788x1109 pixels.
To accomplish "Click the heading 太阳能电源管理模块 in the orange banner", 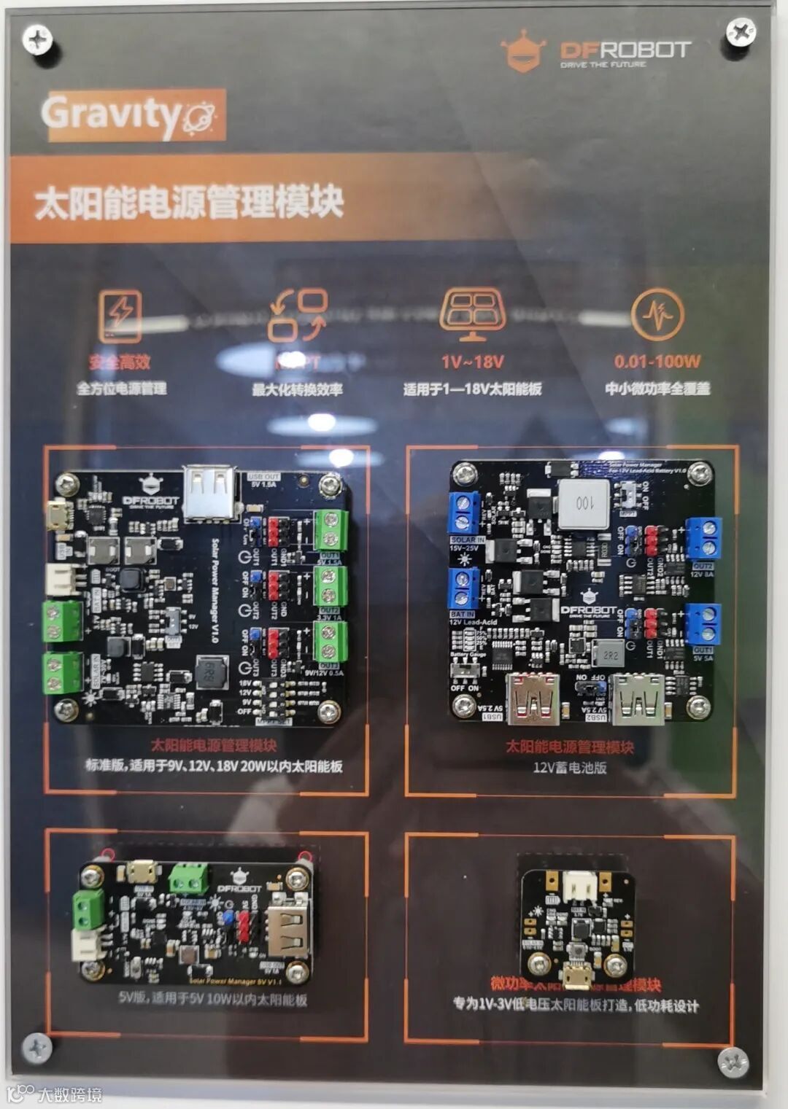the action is point(188,202).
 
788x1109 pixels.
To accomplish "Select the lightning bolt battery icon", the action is point(120,316).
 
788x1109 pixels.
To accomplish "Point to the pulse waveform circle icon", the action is point(657,314).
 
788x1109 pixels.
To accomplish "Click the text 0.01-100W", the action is point(657,361).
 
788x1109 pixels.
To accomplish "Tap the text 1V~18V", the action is point(473,362).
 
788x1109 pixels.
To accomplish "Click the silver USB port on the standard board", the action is point(210,493).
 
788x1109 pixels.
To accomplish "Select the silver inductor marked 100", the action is point(584,502).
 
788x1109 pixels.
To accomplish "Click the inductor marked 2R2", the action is point(610,654).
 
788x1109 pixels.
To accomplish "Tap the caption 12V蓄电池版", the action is point(569,767).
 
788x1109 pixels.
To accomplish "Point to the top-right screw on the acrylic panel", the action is point(740,32).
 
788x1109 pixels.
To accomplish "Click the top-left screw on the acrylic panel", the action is point(36,38).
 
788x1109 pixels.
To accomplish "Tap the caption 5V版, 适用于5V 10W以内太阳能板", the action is point(212,998).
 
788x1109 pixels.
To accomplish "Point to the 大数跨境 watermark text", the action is point(69,1094).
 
